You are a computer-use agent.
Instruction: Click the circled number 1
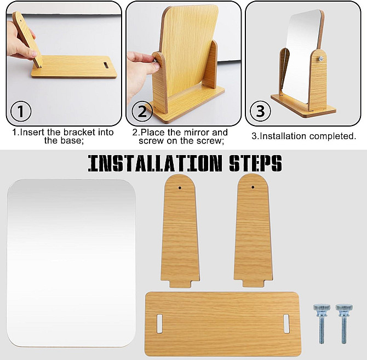[x=21, y=111]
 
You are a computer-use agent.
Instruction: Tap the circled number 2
[x=142, y=111]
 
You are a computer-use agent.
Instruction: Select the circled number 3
[x=260, y=111]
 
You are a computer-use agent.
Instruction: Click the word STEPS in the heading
[x=255, y=163]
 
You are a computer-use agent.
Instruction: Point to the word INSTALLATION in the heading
[x=155, y=163]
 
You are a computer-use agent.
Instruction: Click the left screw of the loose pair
[x=322, y=324]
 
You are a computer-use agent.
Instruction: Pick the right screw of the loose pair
[x=344, y=324]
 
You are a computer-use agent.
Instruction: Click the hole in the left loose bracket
[x=180, y=188]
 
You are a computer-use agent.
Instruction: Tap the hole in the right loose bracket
[x=253, y=187]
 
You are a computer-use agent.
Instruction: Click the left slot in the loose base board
[x=159, y=324]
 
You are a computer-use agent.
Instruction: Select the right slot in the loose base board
[x=286, y=324]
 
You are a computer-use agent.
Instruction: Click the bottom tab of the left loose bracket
[x=180, y=284]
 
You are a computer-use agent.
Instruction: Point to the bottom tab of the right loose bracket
[x=254, y=283]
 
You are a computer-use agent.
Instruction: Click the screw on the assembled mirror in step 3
[x=321, y=59]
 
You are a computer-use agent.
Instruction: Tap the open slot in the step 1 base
[x=106, y=65]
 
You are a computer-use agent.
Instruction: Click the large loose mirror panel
[x=71, y=263]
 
